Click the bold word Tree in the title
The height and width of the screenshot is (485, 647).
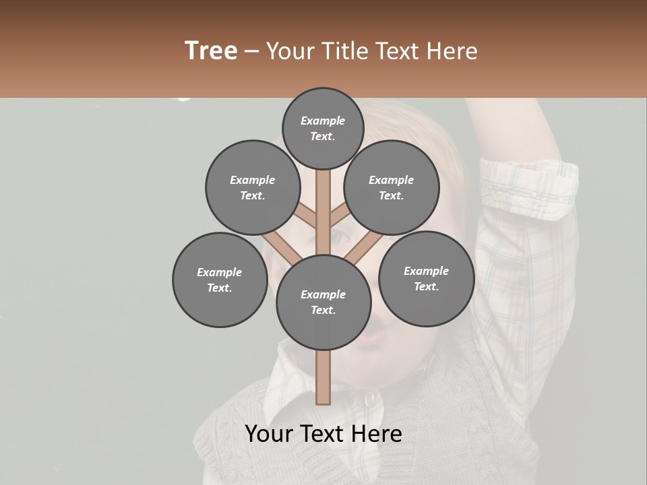coord(211,51)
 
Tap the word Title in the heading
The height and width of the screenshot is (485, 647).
coord(346,51)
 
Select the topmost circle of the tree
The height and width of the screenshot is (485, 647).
coord(323,129)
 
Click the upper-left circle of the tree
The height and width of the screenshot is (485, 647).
coord(253,188)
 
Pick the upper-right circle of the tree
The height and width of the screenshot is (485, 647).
coord(392,188)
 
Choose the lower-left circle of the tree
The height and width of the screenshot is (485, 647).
coord(220,280)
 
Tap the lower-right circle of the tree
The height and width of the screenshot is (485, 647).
coord(426,279)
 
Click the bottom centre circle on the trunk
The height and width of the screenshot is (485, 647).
coord(323,302)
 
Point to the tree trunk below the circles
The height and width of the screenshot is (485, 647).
coord(323,377)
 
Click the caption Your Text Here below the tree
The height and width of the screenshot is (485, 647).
coord(323,434)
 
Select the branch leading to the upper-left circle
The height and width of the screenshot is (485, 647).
coord(307,216)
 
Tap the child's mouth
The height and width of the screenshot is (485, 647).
coord(369,335)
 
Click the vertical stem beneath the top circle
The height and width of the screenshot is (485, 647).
coord(323,202)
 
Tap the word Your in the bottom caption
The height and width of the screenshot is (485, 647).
coord(270,434)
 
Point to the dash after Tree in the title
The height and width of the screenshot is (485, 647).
coord(251,52)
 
